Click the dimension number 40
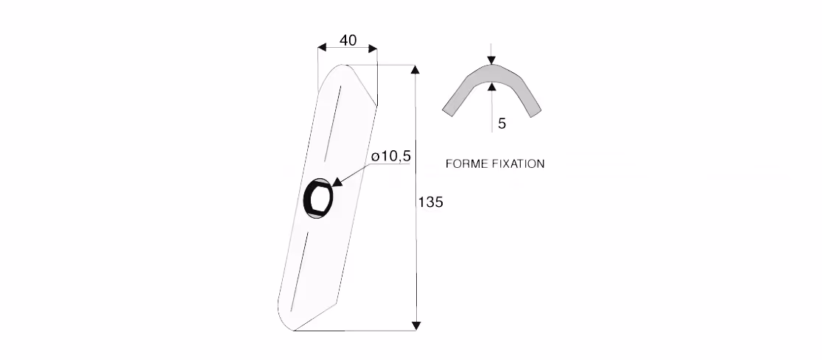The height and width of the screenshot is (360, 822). pos(348,40)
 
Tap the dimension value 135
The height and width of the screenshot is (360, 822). pos(430,202)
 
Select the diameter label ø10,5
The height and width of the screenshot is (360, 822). pos(390,156)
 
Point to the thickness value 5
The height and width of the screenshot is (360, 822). pos(502,124)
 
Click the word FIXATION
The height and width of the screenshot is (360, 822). pos(519,164)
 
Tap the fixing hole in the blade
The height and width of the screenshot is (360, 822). pos(318,197)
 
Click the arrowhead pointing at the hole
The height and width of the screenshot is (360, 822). pos(337,181)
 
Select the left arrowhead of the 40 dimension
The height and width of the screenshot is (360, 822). pos(323,48)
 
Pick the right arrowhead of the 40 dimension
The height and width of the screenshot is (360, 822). pos(372,48)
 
